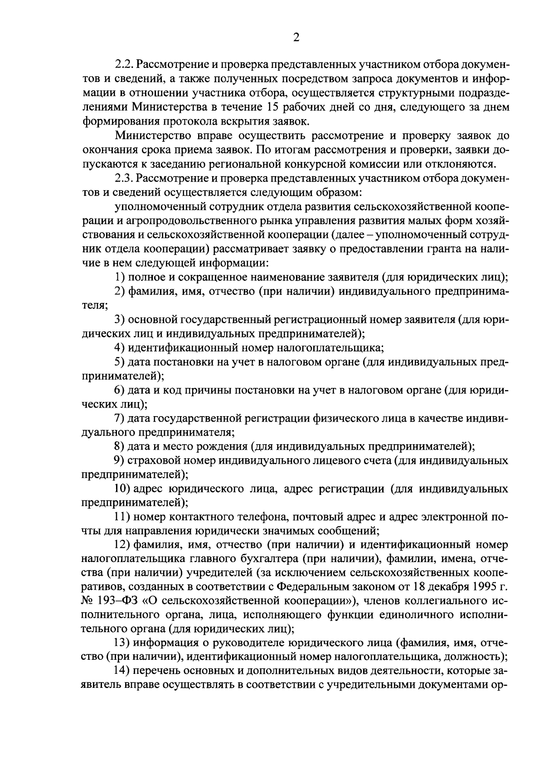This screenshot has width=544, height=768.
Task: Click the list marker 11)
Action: tap(122, 517)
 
